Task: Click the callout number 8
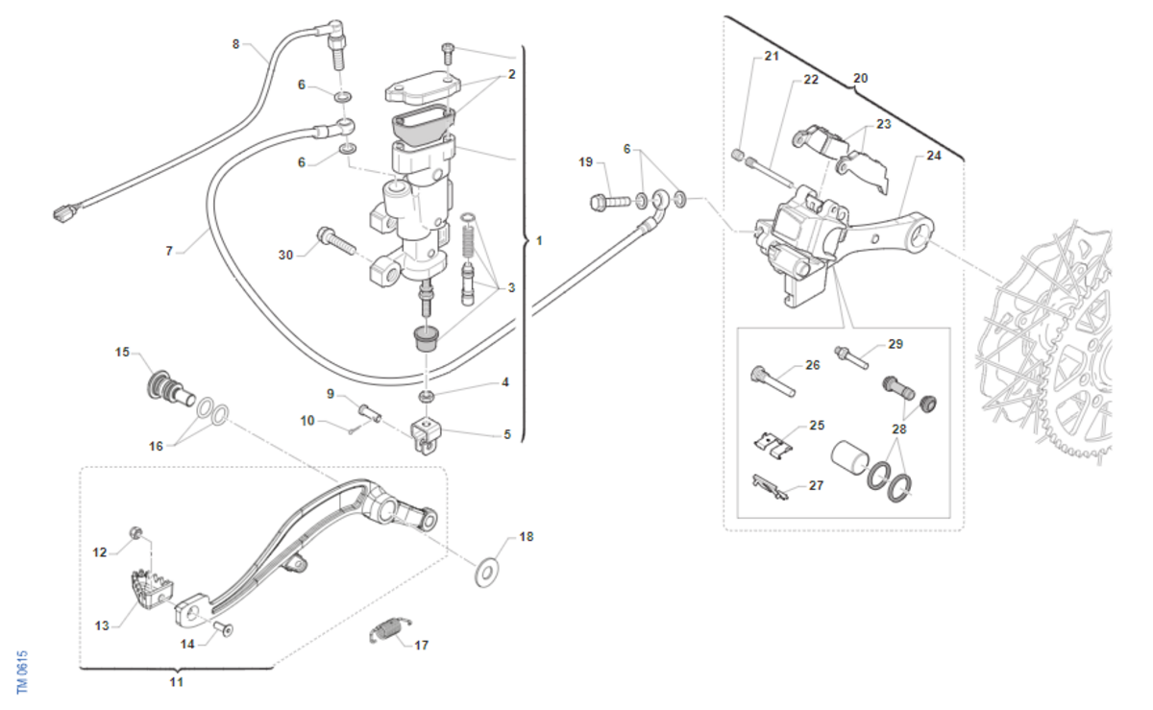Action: [x=236, y=44]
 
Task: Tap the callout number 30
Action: [x=285, y=255]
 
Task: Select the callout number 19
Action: [x=586, y=161]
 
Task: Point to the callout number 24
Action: [x=934, y=155]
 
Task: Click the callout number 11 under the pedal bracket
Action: [x=176, y=682]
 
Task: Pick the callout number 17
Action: [x=421, y=646]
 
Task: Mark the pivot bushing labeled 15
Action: [x=161, y=388]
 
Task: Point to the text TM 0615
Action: [x=22, y=672]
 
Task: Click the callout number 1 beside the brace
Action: [x=539, y=240]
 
